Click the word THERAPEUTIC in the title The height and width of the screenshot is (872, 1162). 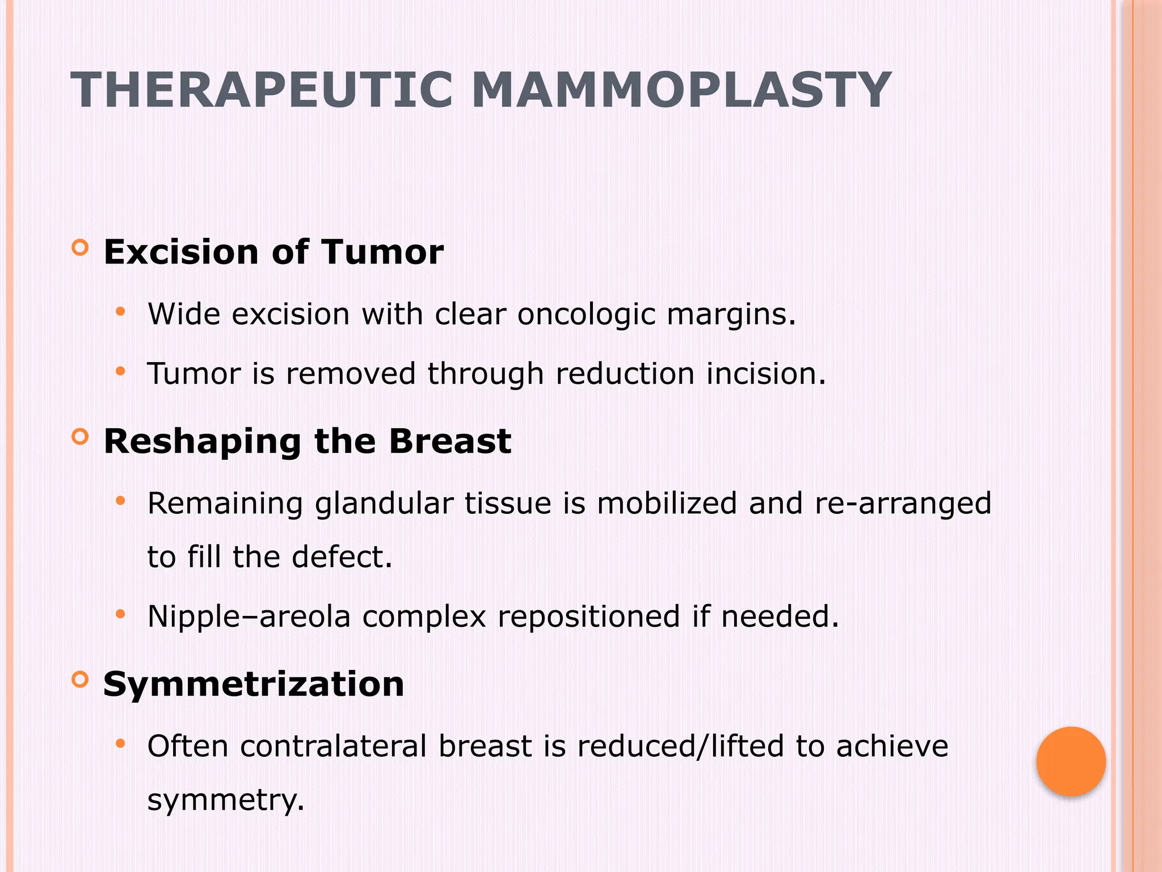click(x=262, y=90)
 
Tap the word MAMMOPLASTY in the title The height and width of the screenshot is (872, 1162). click(x=681, y=90)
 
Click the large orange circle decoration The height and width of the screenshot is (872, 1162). click(x=1071, y=761)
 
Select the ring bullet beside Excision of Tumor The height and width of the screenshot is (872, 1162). click(x=81, y=248)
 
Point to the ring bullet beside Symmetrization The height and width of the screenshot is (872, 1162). click(x=81, y=680)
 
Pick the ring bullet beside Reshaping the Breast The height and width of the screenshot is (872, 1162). click(x=81, y=437)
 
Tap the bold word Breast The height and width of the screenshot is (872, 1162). click(x=450, y=441)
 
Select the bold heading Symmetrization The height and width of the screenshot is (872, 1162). click(x=254, y=684)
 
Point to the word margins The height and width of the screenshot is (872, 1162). click(x=731, y=315)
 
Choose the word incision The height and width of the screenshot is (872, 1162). click(x=765, y=374)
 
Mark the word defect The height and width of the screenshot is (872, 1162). click(x=342, y=556)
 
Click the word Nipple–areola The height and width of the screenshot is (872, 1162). click(x=249, y=617)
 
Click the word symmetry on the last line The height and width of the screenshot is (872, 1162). click(x=225, y=800)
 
